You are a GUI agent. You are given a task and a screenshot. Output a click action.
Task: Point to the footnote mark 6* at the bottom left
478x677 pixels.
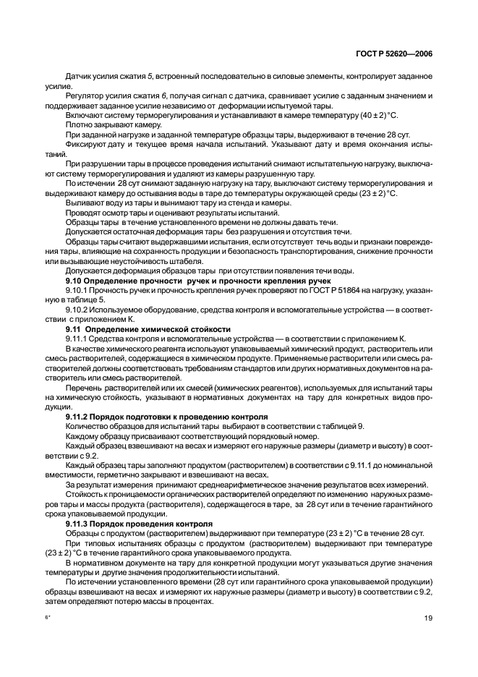(48, 617)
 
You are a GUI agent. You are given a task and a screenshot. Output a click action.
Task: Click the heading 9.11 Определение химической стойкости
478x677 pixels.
(148, 328)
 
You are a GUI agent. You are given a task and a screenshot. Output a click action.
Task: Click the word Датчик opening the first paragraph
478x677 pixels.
(79, 75)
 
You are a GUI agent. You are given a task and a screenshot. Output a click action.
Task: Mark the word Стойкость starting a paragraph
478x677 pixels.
(85, 493)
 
